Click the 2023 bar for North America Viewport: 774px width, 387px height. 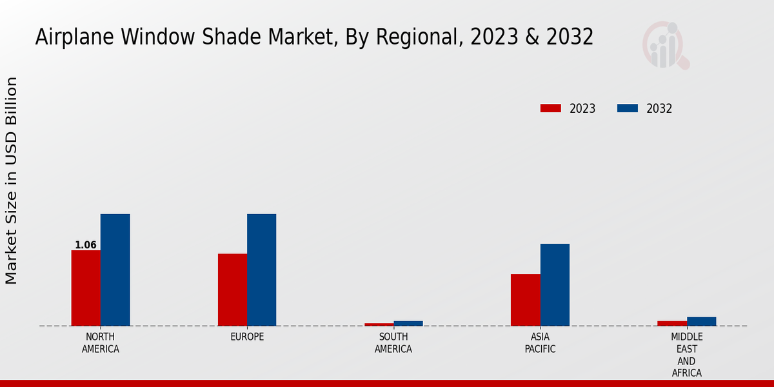click(86, 288)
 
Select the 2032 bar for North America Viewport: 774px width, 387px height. click(115, 270)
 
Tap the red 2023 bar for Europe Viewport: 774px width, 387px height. click(232, 290)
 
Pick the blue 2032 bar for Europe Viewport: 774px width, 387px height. click(261, 270)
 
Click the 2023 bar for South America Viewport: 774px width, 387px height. click(379, 324)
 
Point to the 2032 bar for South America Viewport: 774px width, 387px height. click(408, 323)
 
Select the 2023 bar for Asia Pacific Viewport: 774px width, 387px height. click(526, 300)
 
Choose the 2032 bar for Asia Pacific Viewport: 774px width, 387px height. click(555, 284)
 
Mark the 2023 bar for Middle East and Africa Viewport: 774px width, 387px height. click(672, 323)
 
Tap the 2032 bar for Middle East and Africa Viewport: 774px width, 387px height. click(701, 321)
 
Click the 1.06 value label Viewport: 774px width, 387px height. click(86, 245)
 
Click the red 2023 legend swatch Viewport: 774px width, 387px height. click(551, 108)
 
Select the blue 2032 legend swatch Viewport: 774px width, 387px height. click(628, 108)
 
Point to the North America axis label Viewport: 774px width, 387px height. click(101, 343)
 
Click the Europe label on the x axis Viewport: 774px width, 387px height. click(247, 337)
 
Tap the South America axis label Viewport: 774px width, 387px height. click(393, 343)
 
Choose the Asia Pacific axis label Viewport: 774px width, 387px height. click(541, 343)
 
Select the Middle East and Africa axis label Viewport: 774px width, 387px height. click(687, 355)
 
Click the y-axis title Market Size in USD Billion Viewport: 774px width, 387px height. click(12, 181)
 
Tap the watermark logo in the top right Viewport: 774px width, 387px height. click(665, 45)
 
